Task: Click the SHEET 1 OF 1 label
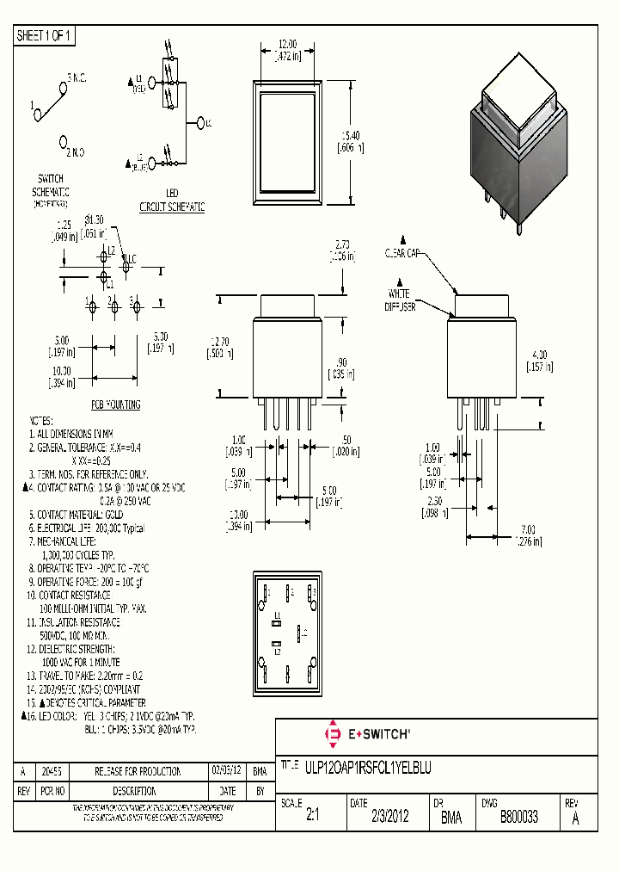point(45,35)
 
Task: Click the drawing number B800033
point(519,818)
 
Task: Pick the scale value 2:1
point(312,818)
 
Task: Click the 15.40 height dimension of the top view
point(352,141)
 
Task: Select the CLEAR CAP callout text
point(401,254)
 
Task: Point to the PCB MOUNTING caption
point(116,405)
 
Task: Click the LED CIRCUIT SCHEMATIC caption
point(172,202)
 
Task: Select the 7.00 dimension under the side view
point(528,534)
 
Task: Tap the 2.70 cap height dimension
point(340,250)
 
